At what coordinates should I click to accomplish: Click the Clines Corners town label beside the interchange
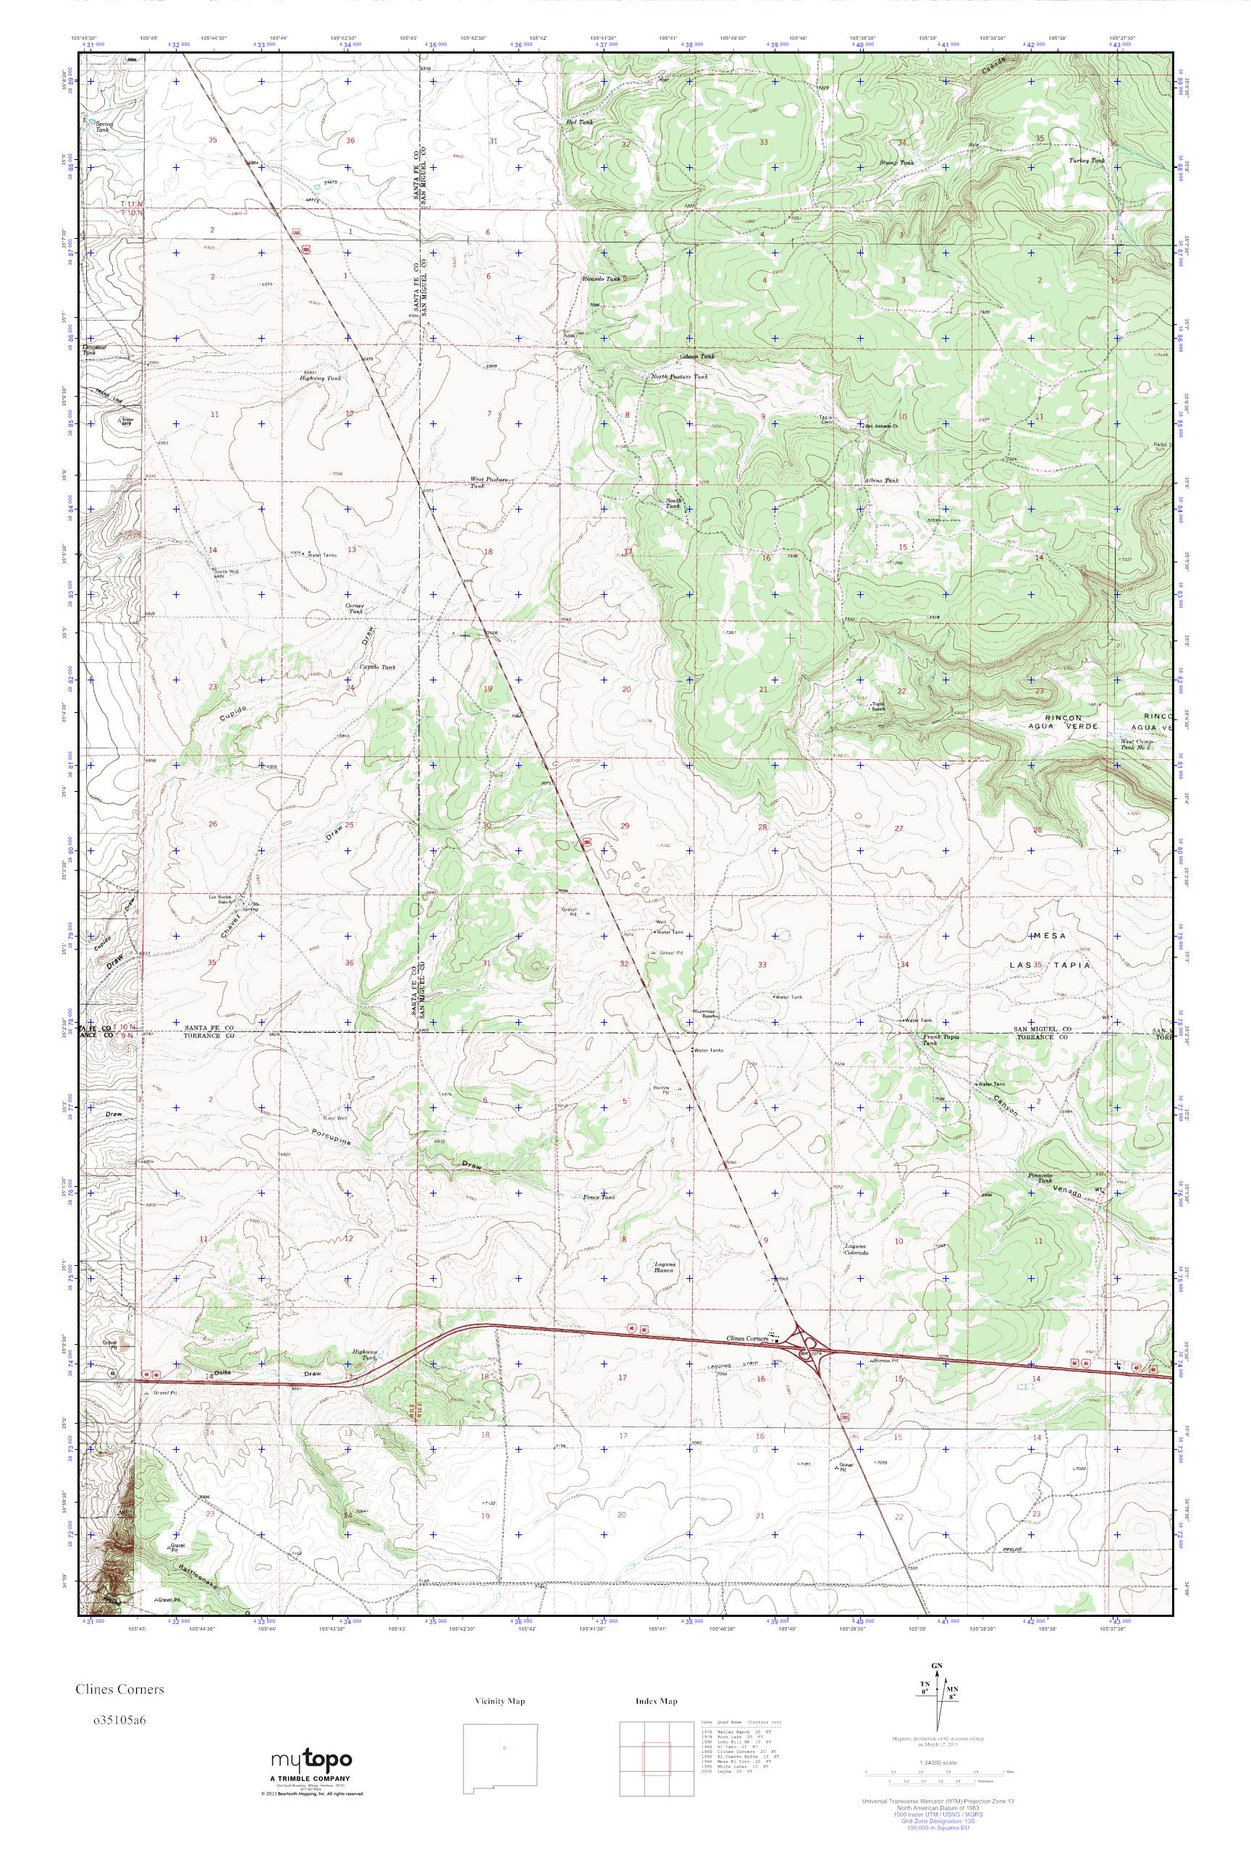[746, 1339]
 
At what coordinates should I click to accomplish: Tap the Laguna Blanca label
[665, 1272]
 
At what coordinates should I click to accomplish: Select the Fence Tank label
[599, 1197]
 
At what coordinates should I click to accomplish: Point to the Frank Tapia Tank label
[940, 1039]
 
